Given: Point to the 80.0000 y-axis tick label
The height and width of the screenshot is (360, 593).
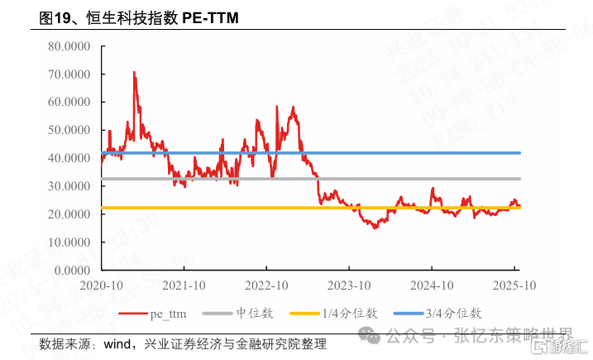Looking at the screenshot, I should click(x=70, y=46).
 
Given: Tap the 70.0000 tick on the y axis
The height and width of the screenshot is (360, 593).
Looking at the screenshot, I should click(x=70, y=74).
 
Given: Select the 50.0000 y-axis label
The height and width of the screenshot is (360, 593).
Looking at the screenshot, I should click(x=70, y=130).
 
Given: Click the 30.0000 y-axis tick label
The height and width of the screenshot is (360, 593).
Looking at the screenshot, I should click(x=70, y=186).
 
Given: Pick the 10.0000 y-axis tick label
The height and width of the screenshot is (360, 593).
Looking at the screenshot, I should click(x=70, y=242).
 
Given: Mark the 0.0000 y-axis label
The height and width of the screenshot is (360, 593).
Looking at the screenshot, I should click(x=73, y=270).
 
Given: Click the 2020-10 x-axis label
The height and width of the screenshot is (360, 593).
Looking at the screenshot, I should click(x=101, y=286).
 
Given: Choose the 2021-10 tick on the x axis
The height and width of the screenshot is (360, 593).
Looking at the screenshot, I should click(x=184, y=286).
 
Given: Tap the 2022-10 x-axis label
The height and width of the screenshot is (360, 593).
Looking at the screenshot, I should click(x=266, y=286).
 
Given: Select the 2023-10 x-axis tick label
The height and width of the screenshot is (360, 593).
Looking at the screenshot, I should click(x=349, y=286).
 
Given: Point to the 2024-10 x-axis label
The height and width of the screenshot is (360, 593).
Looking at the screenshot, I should click(x=432, y=286).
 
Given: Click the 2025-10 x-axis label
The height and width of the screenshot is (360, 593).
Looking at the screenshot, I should click(x=514, y=286).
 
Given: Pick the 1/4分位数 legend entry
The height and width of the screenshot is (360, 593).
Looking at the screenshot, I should click(x=335, y=314).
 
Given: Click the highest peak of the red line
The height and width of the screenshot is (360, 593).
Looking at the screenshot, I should click(x=134, y=73).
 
